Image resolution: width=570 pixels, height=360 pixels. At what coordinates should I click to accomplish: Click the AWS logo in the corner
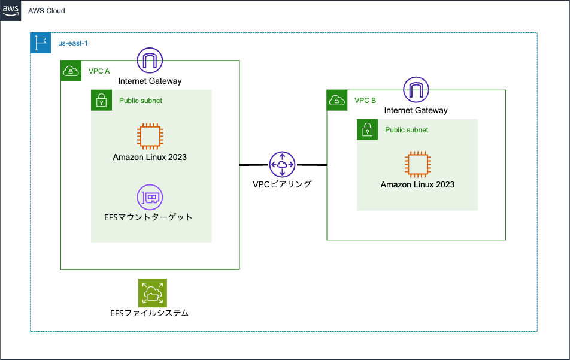11,11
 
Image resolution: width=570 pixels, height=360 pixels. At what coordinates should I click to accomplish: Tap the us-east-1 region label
73,44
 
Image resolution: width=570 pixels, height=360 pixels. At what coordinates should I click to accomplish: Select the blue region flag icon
41,43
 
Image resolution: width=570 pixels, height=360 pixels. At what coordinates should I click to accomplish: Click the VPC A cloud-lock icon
71,71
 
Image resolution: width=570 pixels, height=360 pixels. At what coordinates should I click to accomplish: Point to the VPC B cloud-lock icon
337,100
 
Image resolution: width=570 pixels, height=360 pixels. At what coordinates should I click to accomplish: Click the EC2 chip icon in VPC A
150,136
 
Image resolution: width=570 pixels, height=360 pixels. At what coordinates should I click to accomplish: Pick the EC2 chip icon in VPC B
417,165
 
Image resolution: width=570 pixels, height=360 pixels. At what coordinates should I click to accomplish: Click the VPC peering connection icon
282,164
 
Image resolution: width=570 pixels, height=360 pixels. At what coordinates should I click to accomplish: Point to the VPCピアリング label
282,184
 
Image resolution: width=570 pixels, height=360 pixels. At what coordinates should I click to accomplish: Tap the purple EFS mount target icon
150,197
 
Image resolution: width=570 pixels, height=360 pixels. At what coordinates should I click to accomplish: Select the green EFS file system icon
152,293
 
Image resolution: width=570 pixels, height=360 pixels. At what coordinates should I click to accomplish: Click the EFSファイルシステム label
150,313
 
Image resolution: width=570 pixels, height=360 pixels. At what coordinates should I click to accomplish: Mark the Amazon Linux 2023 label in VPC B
417,184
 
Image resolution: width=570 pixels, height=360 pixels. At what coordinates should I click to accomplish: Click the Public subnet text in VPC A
141,101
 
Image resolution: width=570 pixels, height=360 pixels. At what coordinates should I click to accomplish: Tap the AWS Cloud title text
47,11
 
